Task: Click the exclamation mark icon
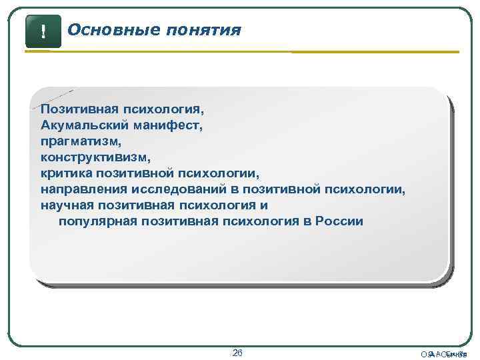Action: pyautogui.click(x=43, y=31)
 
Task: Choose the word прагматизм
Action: pyautogui.click(x=80, y=141)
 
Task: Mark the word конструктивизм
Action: pyautogui.click(x=96, y=157)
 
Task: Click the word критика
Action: pyautogui.click(x=64, y=173)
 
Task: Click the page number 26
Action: pyautogui.click(x=237, y=351)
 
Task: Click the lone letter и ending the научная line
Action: pyautogui.click(x=264, y=205)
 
